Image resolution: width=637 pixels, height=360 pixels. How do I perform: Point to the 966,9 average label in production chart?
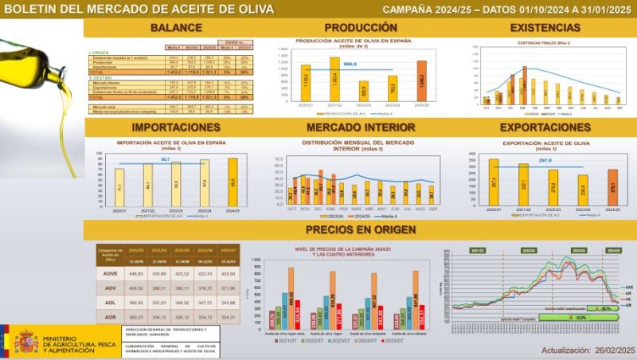[x=350, y=63]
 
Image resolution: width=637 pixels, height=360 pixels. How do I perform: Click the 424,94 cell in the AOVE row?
[x=229, y=273]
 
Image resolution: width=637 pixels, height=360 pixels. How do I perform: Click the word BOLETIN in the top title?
[x=39, y=10]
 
